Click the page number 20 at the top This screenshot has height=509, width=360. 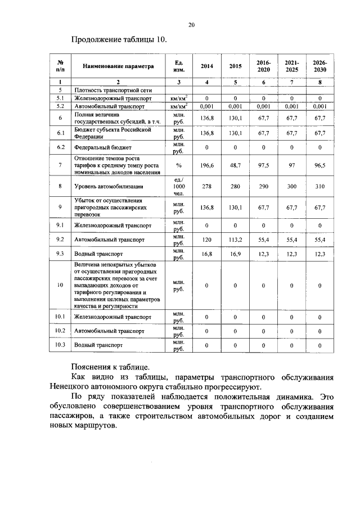click(x=191, y=25)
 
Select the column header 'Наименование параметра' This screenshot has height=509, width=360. click(x=118, y=66)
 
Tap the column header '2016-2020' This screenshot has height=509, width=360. click(x=263, y=66)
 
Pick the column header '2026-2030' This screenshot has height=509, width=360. click(x=319, y=66)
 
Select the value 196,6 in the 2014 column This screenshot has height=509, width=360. click(x=207, y=166)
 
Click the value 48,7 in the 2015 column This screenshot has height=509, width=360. click(x=235, y=166)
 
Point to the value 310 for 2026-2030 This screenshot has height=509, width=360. click(x=319, y=186)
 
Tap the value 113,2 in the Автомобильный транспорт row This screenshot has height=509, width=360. click(x=235, y=240)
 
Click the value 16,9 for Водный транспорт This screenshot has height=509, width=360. click(x=235, y=254)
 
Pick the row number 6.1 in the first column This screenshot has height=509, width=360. click(x=60, y=133)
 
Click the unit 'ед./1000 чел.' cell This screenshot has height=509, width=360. click(x=179, y=186)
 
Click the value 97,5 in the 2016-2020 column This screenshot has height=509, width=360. click(x=263, y=166)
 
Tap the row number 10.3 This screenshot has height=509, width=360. click(x=60, y=345)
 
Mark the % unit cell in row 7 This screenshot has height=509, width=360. click(x=179, y=166)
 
